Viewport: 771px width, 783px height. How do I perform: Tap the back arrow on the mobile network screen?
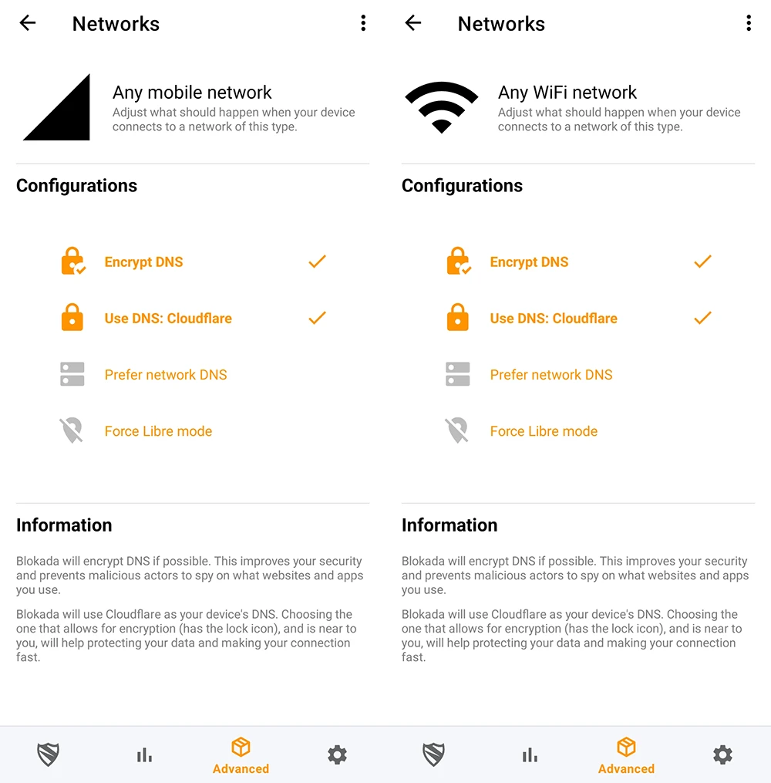click(x=28, y=23)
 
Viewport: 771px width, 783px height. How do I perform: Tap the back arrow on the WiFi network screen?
click(x=413, y=23)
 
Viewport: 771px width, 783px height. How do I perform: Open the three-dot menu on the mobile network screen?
click(x=363, y=23)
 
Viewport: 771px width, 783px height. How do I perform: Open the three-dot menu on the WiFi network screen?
click(x=748, y=23)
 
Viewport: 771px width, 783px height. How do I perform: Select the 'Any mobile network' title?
click(x=192, y=93)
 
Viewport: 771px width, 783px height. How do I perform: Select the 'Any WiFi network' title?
click(x=567, y=93)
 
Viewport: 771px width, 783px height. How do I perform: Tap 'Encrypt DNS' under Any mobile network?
click(x=143, y=262)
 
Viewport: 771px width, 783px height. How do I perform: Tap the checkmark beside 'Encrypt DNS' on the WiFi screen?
click(x=702, y=262)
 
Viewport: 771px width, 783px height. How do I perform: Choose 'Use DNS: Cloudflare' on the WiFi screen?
click(x=553, y=319)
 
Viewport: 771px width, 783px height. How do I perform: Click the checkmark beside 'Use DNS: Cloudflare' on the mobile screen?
click(x=317, y=318)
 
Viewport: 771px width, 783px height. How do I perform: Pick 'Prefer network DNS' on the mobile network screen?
click(x=166, y=375)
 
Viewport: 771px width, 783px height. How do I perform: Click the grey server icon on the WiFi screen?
click(x=458, y=375)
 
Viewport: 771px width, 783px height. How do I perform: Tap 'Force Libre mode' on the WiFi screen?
click(x=544, y=431)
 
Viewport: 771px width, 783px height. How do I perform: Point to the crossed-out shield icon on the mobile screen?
click(x=72, y=430)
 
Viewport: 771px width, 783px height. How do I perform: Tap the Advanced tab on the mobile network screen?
click(x=241, y=755)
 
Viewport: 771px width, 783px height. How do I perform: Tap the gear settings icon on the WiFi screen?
click(x=722, y=754)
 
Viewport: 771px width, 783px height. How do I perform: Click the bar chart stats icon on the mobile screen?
click(x=144, y=755)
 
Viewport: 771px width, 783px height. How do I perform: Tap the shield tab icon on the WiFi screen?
click(x=434, y=754)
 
